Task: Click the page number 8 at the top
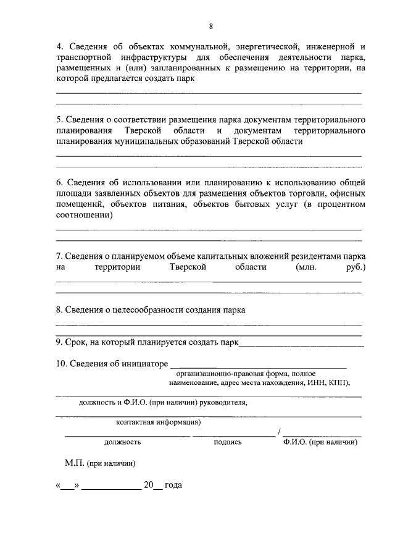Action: [211, 26]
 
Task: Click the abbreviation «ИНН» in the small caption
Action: [315, 384]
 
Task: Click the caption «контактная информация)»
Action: [159, 422]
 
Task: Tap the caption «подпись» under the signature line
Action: [228, 442]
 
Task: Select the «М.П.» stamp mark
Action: [75, 462]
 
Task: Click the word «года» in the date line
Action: [173, 485]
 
